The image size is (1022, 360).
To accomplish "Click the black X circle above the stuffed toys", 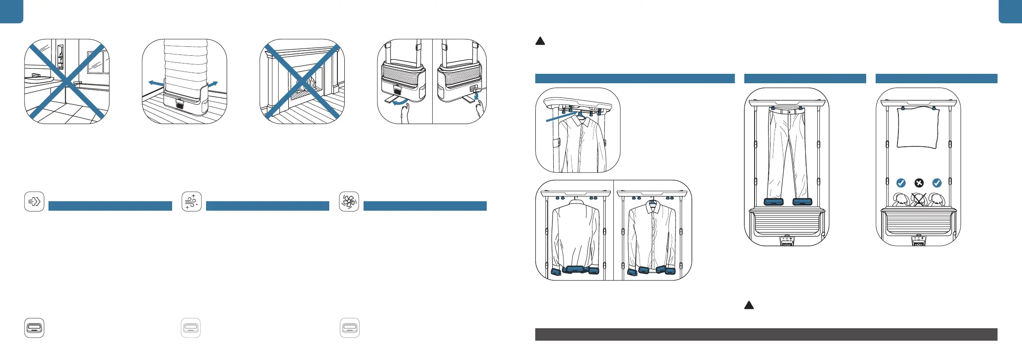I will pyautogui.click(x=919, y=183).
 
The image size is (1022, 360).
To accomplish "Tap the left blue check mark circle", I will pyautogui.click(x=901, y=183).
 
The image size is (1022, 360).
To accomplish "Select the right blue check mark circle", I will pyautogui.click(x=937, y=183).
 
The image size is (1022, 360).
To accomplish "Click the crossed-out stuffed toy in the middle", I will pyautogui.click(x=919, y=199).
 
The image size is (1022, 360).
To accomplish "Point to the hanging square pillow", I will pyautogui.click(x=918, y=127).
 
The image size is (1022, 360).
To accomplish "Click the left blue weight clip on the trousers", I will pyautogui.click(x=773, y=202).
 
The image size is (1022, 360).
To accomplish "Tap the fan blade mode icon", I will pyautogui.click(x=349, y=201).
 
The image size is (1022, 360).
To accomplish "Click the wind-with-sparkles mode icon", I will pyautogui.click(x=191, y=201).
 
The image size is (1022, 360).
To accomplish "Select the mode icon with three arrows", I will pyautogui.click(x=34, y=201).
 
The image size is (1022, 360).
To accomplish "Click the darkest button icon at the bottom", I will pyautogui.click(x=34, y=328).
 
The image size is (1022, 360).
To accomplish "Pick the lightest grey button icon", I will pyautogui.click(x=191, y=328).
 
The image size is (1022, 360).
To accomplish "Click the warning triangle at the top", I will pyautogui.click(x=540, y=41).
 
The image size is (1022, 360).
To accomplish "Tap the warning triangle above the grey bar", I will pyautogui.click(x=749, y=306).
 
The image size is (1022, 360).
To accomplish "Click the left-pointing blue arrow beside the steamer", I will pyautogui.click(x=155, y=83).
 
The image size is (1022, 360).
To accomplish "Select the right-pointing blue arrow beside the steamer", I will pyautogui.click(x=213, y=84).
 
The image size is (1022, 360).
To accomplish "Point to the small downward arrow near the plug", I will pyautogui.click(x=476, y=96).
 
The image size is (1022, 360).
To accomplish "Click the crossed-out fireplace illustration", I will pyautogui.click(x=302, y=82).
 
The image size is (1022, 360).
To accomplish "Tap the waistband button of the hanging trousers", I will pyautogui.click(x=789, y=112).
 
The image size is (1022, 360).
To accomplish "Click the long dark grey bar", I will pyautogui.click(x=766, y=335).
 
